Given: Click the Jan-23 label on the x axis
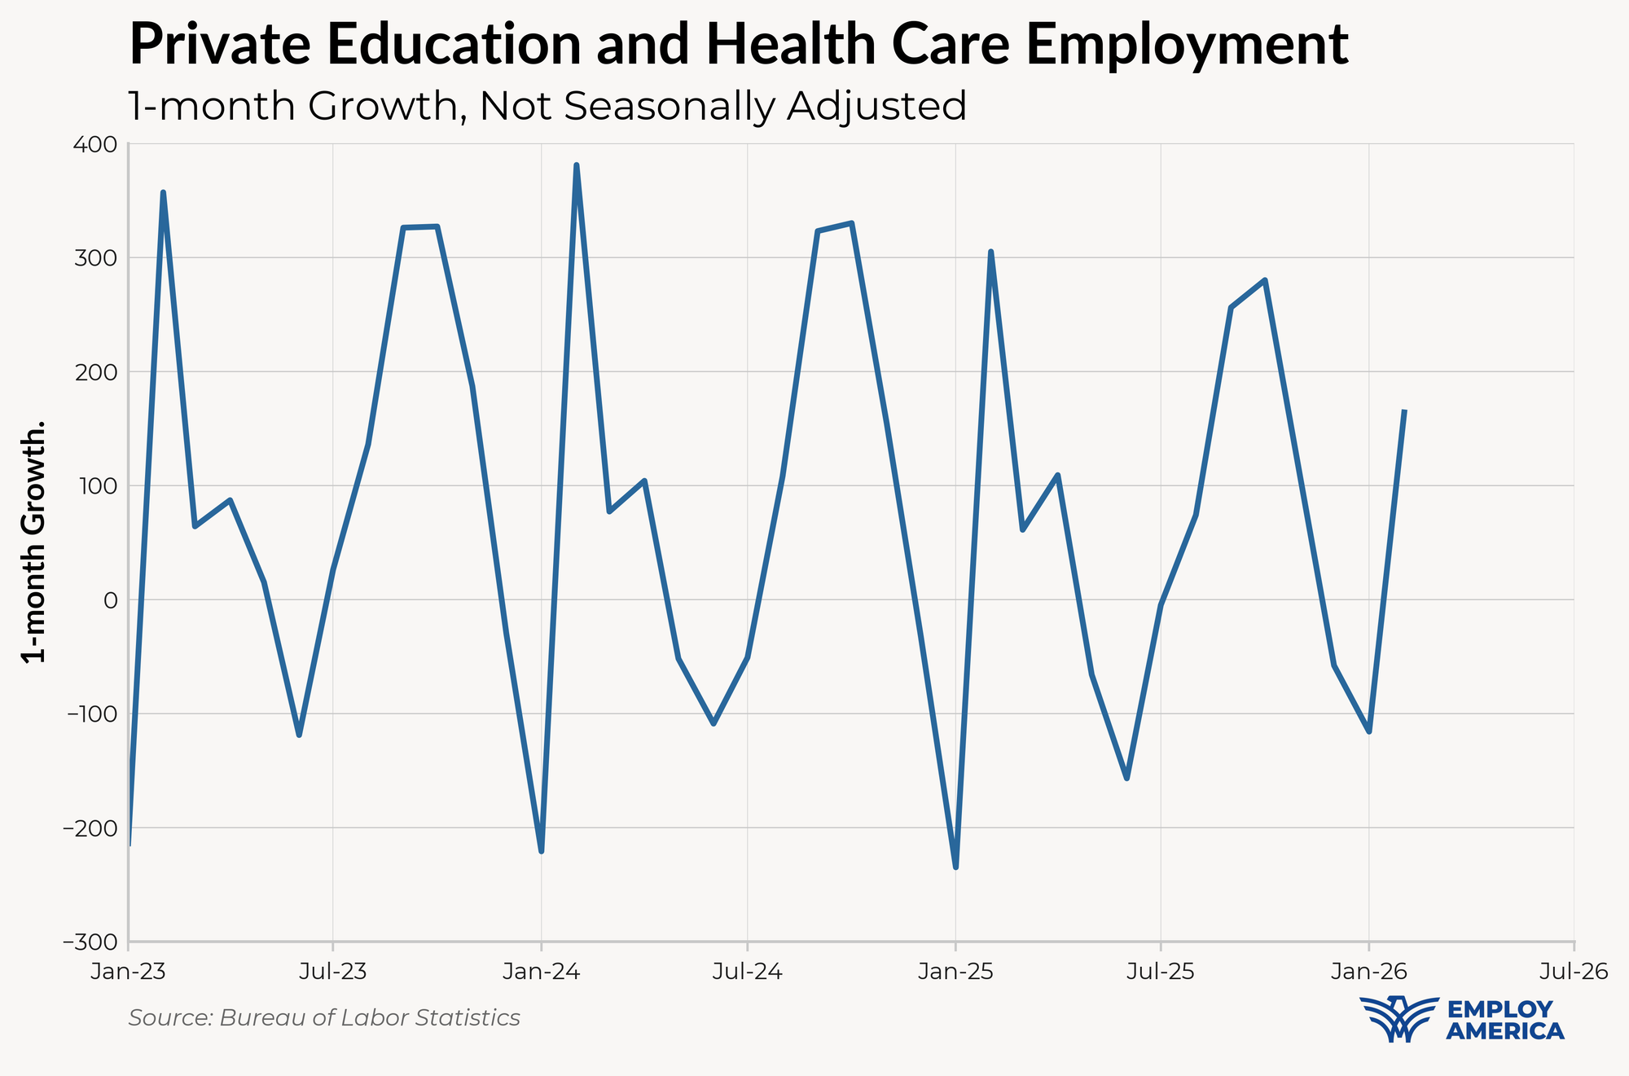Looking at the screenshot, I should tap(129, 972).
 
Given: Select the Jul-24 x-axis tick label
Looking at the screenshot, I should tap(747, 972).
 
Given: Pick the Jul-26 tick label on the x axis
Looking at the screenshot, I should tap(1574, 972).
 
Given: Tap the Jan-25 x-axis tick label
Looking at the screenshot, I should tap(955, 972).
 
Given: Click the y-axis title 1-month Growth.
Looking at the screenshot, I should tap(34, 542).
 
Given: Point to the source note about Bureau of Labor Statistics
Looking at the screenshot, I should tap(324, 1018).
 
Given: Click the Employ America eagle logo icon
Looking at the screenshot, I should tap(1398, 1019).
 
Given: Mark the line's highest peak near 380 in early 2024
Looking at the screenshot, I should tap(576, 165).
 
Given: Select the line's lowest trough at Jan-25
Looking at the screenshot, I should tap(955, 867).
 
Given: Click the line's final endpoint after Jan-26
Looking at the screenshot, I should tap(1404, 411).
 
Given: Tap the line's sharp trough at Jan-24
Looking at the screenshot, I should tap(542, 851).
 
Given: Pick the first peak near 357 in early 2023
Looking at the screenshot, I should tap(163, 193).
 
